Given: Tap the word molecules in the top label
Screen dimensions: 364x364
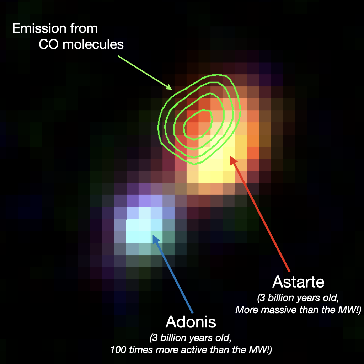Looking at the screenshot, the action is [93, 44].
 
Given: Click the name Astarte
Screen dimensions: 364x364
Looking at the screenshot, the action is [298, 282].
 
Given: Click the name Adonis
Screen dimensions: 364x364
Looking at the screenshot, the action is [191, 322].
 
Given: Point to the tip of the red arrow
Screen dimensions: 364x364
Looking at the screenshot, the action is [230, 156].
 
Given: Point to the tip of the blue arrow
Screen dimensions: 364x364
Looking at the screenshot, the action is [153, 235].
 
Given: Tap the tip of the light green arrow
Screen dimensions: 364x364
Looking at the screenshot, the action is [172, 90].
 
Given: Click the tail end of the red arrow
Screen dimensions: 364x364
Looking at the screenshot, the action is [289, 271].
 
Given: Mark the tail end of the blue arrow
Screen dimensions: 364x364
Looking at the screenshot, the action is [192, 312].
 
